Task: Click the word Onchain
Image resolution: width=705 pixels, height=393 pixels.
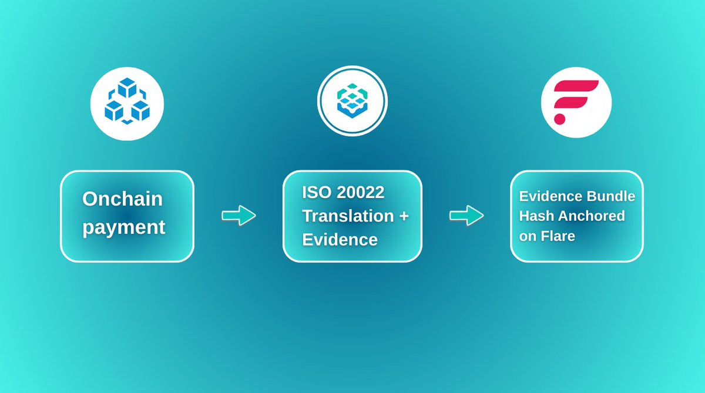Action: pyautogui.click(x=122, y=199)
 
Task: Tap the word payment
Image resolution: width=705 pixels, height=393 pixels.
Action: pyautogui.click(x=123, y=227)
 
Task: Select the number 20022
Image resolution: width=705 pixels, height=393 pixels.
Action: pyautogui.click(x=360, y=192)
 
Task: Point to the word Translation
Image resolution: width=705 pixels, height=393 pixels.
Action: pyautogui.click(x=348, y=216)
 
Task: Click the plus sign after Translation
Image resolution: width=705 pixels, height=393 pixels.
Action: pyautogui.click(x=404, y=216)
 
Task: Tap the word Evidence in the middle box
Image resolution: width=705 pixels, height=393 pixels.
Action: pyautogui.click(x=340, y=240)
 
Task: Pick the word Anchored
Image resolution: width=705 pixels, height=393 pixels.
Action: pyautogui.click(x=592, y=216)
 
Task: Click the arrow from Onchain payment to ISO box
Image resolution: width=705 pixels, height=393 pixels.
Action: pyautogui.click(x=239, y=216)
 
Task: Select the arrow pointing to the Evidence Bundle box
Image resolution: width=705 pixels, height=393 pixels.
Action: pyautogui.click(x=466, y=216)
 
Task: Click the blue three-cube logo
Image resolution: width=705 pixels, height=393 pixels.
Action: pyautogui.click(x=127, y=103)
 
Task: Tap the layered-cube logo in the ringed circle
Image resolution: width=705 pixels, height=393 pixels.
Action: pyautogui.click(x=352, y=100)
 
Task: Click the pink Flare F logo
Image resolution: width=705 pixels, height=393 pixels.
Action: pyautogui.click(x=576, y=102)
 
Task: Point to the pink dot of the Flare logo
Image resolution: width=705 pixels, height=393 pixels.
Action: pyautogui.click(x=559, y=119)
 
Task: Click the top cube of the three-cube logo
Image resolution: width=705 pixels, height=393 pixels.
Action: pyautogui.click(x=127, y=87)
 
